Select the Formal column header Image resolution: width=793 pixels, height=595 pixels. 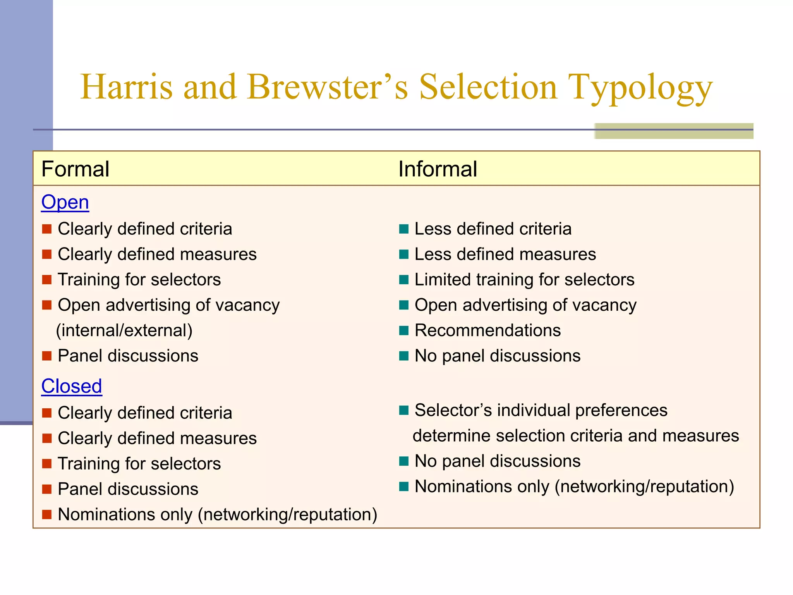(76, 169)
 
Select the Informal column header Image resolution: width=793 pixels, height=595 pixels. (438, 169)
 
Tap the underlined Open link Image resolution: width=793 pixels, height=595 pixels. (65, 202)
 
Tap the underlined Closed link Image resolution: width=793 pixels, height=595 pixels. (72, 386)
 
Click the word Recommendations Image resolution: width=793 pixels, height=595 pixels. (487, 330)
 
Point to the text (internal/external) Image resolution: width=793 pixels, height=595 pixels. (124, 330)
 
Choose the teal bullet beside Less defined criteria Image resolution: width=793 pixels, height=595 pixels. (404, 229)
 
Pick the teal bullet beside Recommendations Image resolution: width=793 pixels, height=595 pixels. (404, 330)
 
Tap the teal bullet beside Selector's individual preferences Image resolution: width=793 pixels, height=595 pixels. (404, 410)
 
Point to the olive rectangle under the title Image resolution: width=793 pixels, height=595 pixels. (674, 131)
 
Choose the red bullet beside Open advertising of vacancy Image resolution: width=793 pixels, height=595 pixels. (47, 305)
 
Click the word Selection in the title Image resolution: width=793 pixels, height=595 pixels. (488, 87)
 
